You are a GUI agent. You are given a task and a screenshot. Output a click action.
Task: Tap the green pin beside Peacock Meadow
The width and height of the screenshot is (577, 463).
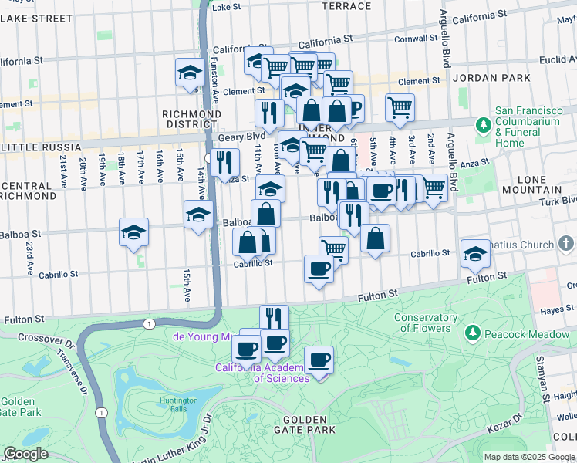(472, 333)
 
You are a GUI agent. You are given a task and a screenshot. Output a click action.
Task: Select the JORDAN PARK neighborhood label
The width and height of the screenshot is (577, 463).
(491, 78)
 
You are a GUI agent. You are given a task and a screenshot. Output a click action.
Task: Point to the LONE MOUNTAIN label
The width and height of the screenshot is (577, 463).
(542, 184)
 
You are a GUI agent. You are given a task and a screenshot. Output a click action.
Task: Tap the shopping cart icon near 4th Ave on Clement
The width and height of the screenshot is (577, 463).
(400, 108)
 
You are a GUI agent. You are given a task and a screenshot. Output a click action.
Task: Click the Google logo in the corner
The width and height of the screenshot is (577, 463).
(25, 454)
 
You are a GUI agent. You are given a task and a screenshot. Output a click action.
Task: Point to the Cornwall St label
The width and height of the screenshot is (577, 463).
(415, 38)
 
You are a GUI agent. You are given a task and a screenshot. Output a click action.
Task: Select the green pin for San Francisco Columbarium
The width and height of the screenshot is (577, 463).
(484, 124)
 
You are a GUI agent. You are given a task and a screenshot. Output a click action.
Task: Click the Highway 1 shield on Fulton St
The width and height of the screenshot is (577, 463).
(147, 324)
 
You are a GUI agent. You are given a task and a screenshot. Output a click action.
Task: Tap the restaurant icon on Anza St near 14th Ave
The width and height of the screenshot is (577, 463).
(224, 162)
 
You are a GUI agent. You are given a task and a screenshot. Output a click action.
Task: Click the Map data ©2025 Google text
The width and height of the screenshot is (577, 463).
(529, 457)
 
